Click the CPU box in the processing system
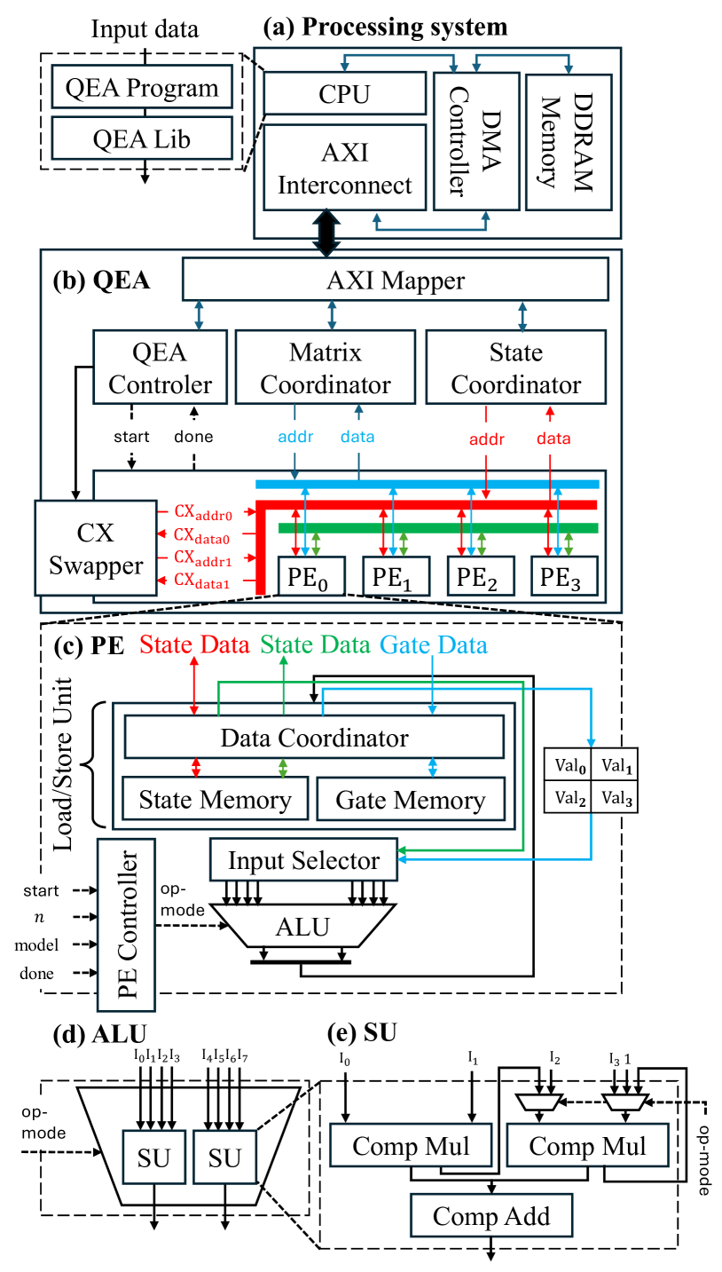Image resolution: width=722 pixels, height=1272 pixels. point(344,93)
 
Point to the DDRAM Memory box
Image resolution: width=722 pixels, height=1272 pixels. point(568,141)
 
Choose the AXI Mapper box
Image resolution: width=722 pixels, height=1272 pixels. point(395,280)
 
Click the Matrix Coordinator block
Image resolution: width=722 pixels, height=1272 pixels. point(326,368)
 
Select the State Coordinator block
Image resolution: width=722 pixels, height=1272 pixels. point(515,368)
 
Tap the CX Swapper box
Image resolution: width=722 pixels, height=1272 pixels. point(96,548)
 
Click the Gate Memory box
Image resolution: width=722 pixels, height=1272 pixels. point(410,800)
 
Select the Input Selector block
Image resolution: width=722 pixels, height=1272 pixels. point(303,860)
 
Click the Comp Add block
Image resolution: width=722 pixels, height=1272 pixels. point(490,1215)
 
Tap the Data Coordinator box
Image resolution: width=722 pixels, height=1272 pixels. point(314,738)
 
